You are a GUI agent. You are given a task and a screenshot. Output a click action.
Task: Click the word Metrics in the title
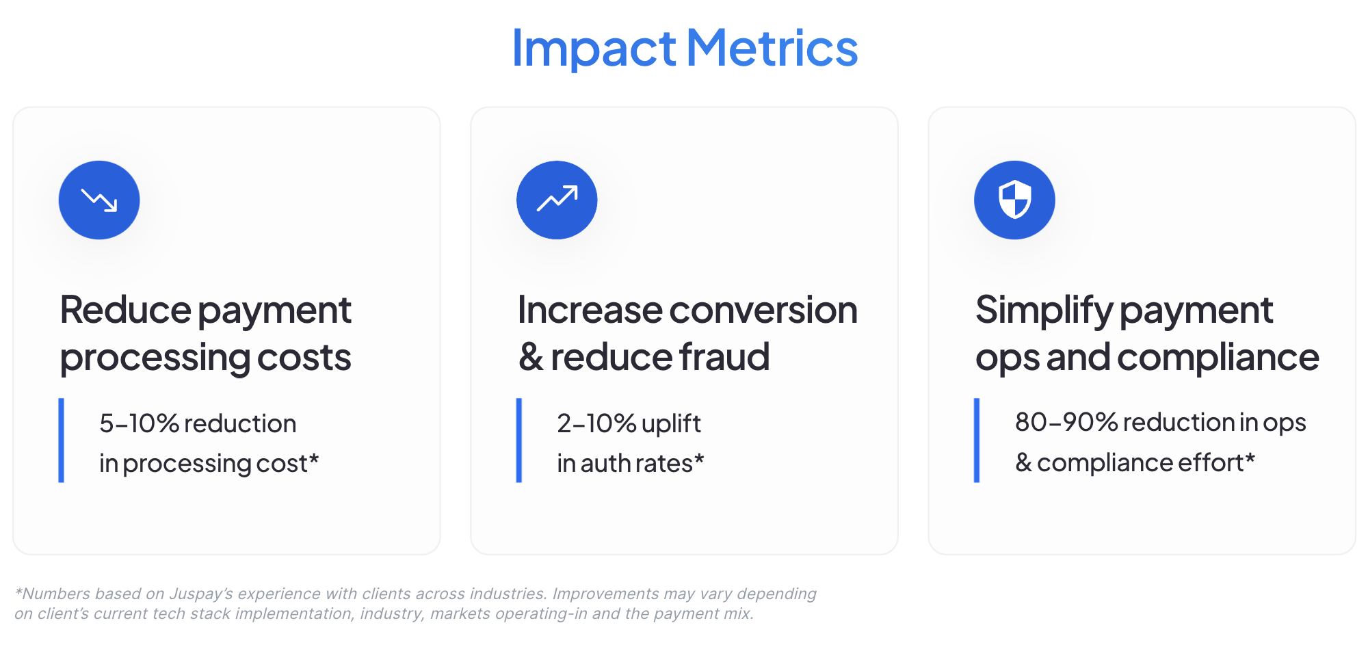[772, 47]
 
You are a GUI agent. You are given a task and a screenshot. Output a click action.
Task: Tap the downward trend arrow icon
[99, 200]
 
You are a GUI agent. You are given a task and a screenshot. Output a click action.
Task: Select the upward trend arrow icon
[557, 199]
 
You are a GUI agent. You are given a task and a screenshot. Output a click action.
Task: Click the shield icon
[1014, 200]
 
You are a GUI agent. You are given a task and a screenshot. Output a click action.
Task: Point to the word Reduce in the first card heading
[126, 310]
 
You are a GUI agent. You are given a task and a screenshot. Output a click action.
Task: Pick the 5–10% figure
[140, 423]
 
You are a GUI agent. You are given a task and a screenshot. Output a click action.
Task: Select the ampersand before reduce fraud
[531, 358]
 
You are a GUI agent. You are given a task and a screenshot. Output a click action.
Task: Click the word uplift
[671, 423]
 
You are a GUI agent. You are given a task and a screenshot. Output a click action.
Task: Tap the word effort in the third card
[1210, 463]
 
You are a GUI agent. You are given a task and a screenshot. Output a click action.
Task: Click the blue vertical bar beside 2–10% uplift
[519, 440]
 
